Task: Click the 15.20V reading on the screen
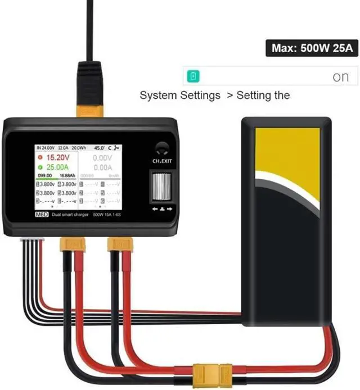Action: click(x=59, y=157)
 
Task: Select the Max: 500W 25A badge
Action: click(x=312, y=48)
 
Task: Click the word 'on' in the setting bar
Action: click(x=340, y=77)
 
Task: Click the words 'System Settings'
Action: click(x=180, y=96)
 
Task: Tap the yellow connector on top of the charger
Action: click(x=90, y=110)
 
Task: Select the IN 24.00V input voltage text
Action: click(x=46, y=148)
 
